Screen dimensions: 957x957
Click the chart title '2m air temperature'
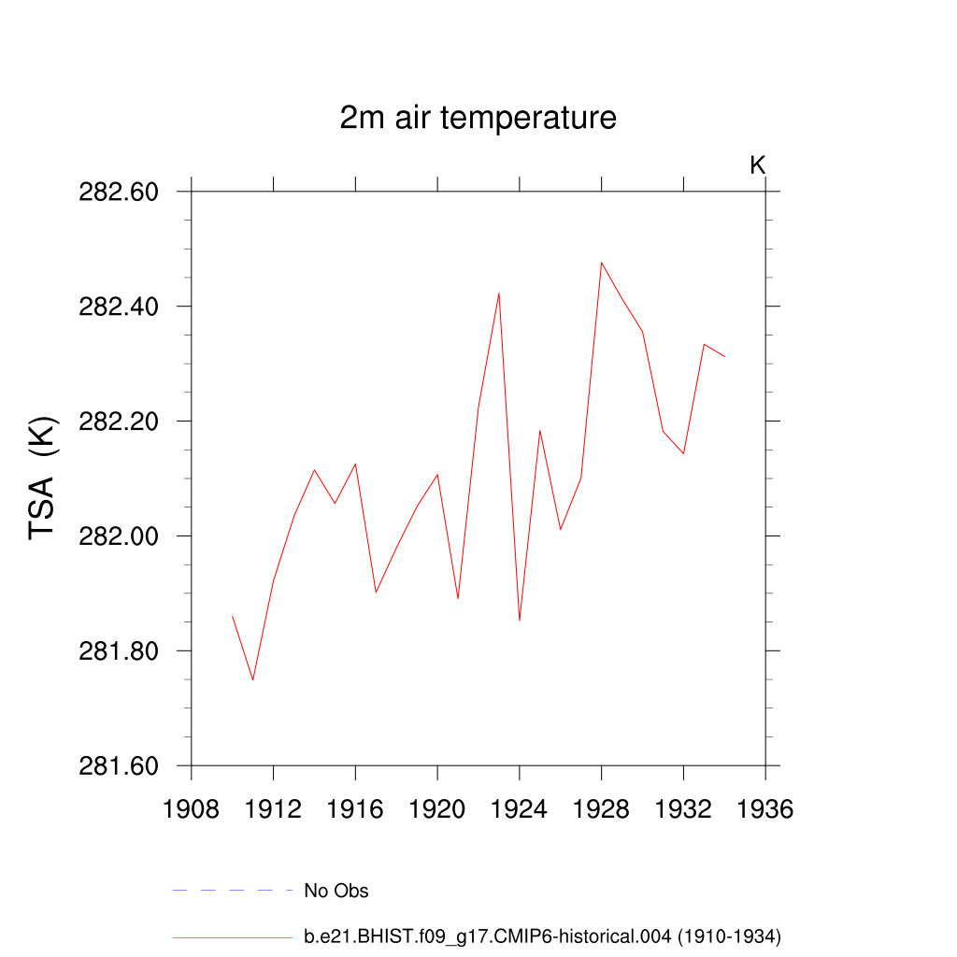(478, 119)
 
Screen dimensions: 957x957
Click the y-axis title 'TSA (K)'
(44, 478)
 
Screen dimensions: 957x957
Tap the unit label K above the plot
(758, 165)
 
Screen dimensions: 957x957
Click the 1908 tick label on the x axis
(192, 809)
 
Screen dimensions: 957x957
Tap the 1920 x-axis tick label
(437, 809)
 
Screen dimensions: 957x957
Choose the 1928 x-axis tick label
(602, 809)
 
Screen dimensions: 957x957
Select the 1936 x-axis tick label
(765, 809)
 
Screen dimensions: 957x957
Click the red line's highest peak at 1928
(602, 263)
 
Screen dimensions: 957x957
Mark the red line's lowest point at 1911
(253, 679)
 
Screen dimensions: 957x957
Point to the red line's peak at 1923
(499, 293)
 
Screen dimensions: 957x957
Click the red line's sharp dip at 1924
(520, 620)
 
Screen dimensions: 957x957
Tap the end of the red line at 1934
(724, 356)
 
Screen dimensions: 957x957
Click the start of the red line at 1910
(233, 617)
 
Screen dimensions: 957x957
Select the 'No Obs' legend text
(336, 891)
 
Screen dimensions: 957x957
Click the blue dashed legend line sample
(232, 891)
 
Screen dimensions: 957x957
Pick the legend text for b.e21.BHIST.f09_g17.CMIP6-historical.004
(542, 936)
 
